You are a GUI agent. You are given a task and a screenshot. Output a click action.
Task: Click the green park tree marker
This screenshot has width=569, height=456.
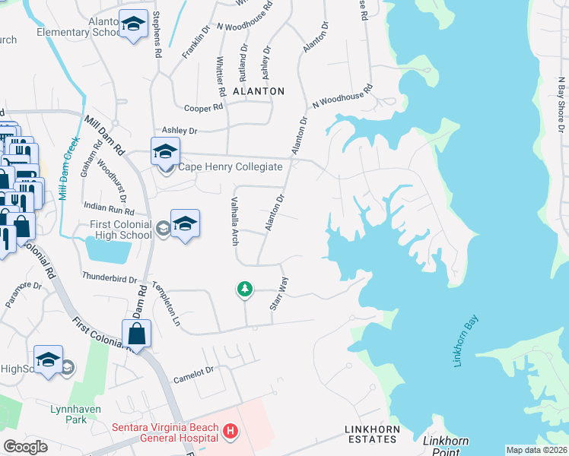point(244,289)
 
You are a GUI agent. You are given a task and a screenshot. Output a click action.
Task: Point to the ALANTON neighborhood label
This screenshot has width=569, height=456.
point(259,91)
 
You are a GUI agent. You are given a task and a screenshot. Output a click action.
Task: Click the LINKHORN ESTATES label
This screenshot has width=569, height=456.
point(371,430)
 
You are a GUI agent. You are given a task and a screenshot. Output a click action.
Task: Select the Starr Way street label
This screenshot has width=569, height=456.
point(278,293)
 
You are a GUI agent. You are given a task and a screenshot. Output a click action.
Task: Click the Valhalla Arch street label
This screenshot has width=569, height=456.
point(234,216)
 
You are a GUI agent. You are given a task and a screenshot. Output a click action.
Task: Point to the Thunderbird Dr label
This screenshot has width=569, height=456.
point(109,277)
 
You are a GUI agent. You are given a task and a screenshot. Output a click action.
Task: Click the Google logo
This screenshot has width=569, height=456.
point(25,446)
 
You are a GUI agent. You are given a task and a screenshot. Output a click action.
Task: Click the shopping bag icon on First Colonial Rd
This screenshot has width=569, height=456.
point(136,333)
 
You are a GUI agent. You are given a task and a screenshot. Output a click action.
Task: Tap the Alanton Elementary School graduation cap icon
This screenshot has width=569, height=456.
point(133,24)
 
